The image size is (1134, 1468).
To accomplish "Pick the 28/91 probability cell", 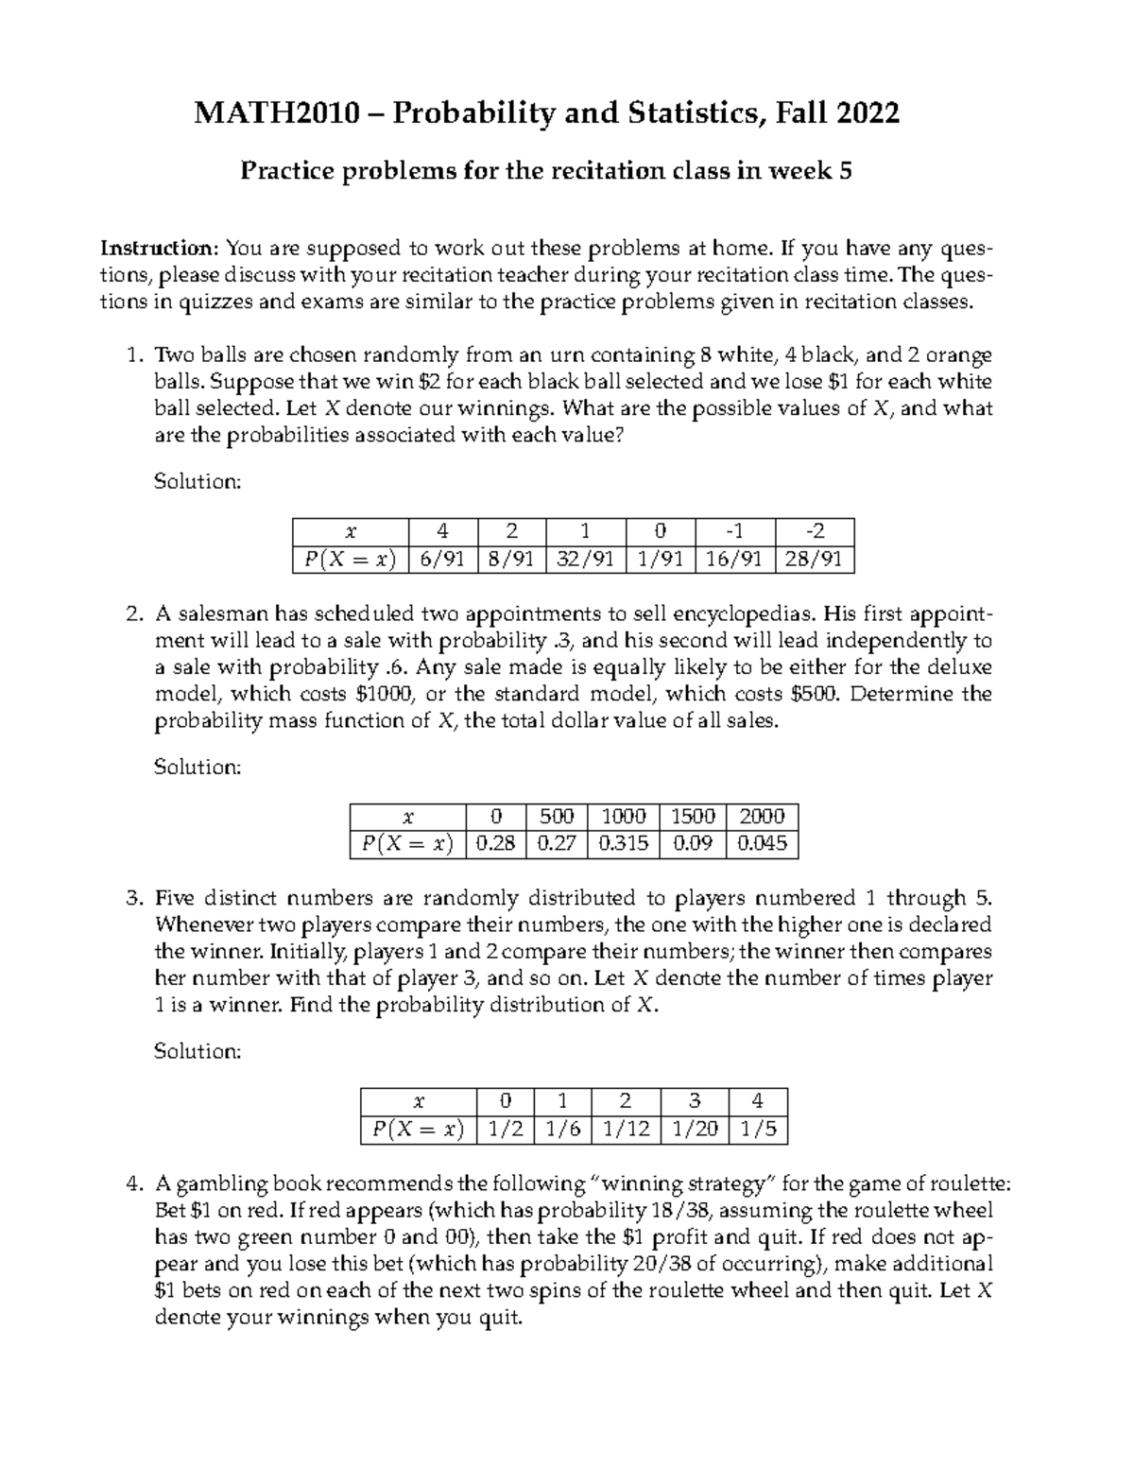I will click(814, 559).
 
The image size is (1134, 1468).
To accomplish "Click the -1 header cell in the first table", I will click(734, 531).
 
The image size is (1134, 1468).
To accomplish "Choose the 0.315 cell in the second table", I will click(624, 843).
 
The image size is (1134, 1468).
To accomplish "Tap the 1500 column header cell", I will click(693, 817).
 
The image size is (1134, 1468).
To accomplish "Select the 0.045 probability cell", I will click(762, 843).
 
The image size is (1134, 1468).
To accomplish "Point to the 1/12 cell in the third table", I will click(626, 1129).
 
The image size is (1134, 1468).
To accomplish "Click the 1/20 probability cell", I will click(695, 1129).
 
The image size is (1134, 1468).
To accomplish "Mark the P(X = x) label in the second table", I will click(408, 843).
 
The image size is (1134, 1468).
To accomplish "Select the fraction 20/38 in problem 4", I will click(660, 1264).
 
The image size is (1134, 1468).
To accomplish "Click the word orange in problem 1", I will click(958, 355).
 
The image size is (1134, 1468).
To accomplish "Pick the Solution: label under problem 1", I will click(198, 481).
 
